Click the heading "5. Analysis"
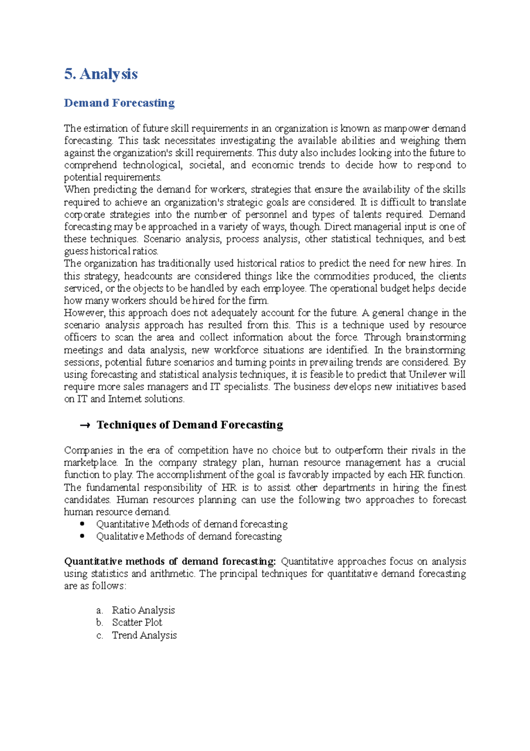coord(101,74)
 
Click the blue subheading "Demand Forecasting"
coord(119,103)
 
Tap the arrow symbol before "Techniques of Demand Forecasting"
coord(85,425)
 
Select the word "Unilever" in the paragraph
coord(427,375)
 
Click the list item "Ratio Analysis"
coord(143,610)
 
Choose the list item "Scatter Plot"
coord(137,623)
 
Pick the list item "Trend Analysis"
coord(144,636)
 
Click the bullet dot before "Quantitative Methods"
coord(82,524)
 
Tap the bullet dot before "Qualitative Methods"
coord(82,536)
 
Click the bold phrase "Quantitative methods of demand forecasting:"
coord(170,562)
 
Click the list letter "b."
coord(99,623)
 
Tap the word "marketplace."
coord(91,463)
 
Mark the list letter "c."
coord(99,636)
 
